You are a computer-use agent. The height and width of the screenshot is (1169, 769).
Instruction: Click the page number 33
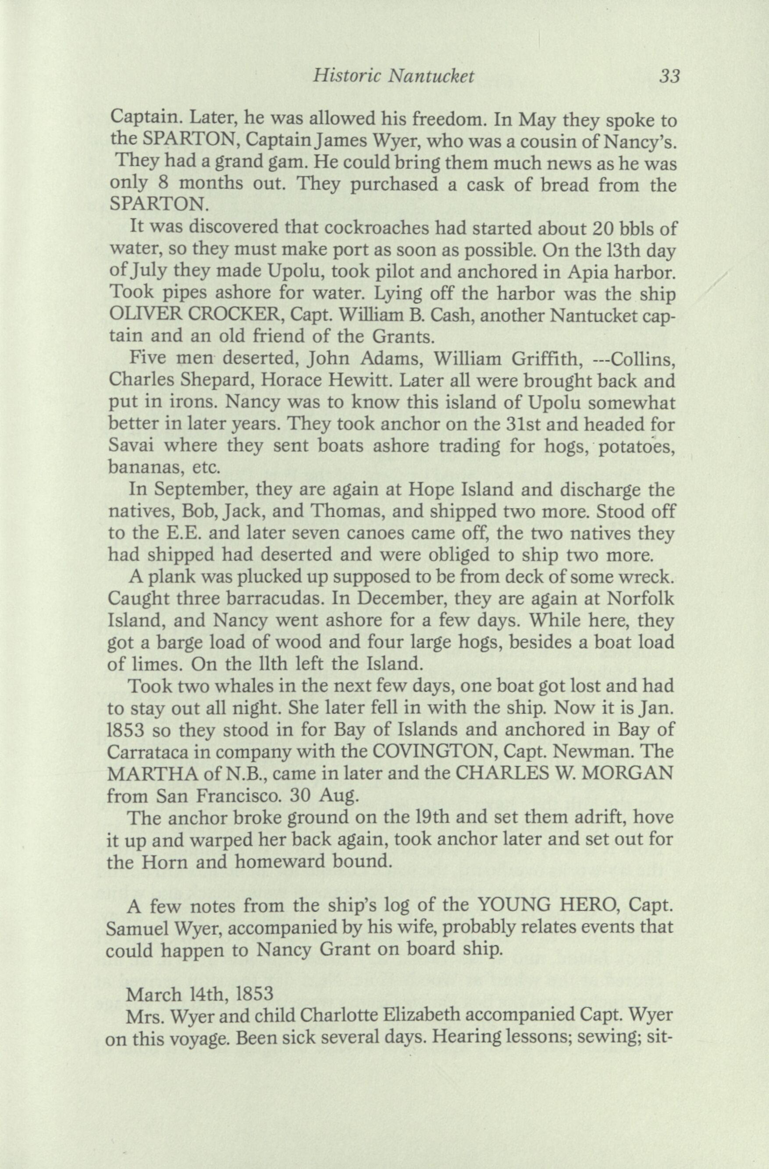coord(669,77)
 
